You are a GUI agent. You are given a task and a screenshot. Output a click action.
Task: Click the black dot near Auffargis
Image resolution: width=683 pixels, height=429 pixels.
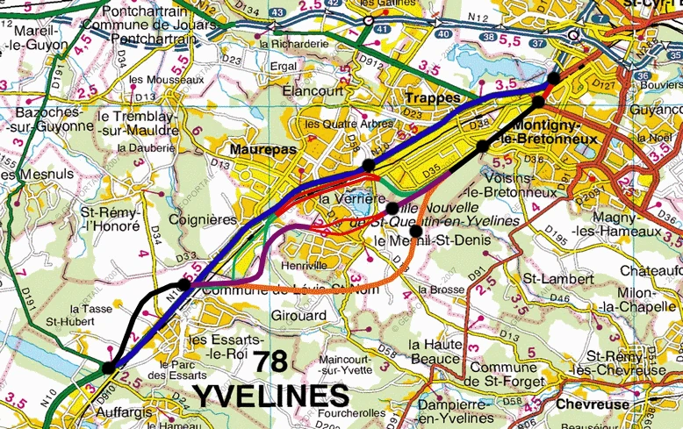coord(108,368)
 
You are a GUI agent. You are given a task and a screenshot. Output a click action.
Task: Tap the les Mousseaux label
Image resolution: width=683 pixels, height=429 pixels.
coord(166,80)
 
